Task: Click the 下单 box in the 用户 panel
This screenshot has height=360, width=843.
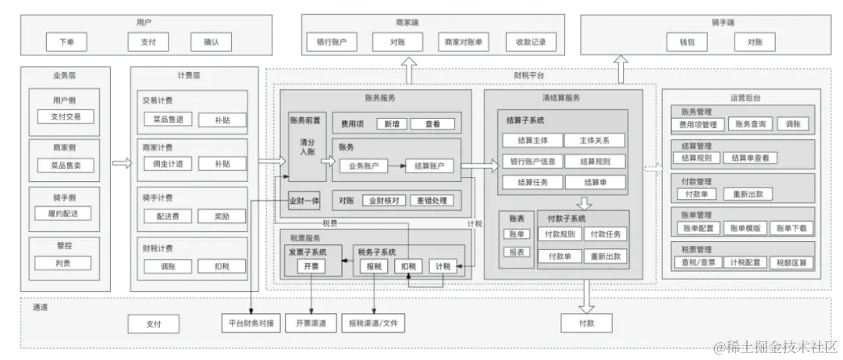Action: pos(66,42)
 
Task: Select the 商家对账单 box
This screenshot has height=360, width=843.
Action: pos(464,42)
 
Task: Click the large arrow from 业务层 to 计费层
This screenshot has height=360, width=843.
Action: pos(120,163)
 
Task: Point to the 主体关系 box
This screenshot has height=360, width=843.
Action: pos(595,141)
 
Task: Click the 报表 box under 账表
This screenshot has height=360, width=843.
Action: pos(517,252)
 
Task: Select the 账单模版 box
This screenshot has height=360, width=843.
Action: pos(745,228)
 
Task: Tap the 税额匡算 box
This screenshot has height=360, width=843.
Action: pos(791,262)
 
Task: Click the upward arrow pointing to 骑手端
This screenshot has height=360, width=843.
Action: pos(621,69)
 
